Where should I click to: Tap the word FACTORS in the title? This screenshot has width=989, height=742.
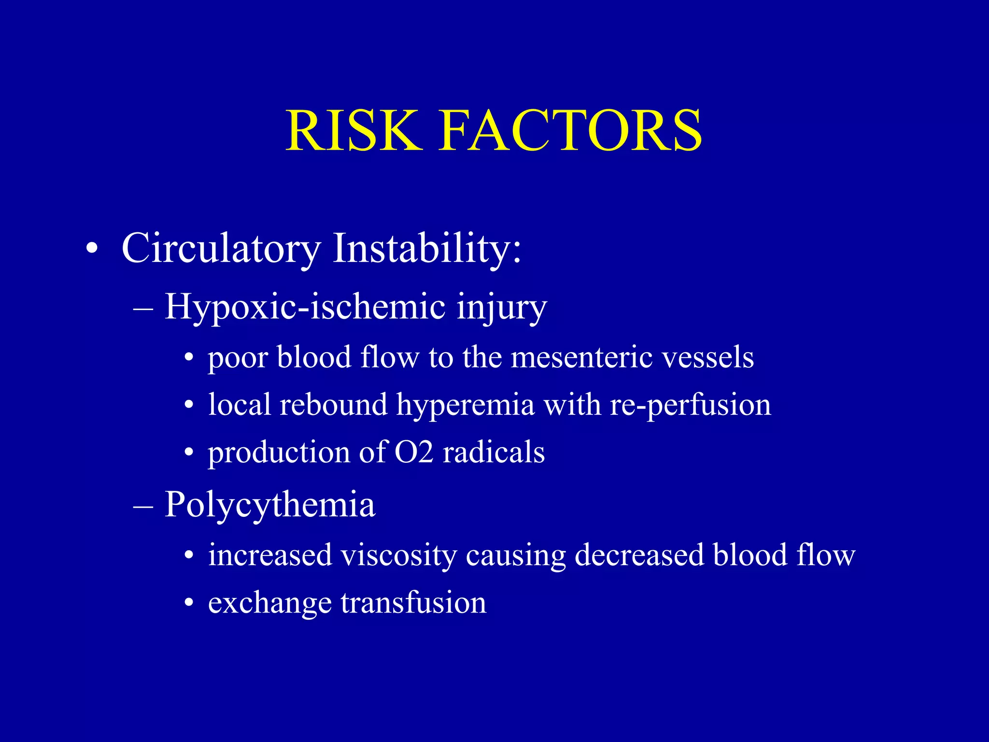(x=570, y=130)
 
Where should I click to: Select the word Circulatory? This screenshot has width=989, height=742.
(x=221, y=249)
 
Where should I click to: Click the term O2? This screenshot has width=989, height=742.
(x=414, y=452)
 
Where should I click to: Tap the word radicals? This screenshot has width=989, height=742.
(x=494, y=452)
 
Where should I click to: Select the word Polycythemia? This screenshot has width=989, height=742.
(x=270, y=505)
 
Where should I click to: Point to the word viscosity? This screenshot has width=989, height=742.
(x=398, y=555)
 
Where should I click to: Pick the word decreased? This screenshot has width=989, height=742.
(x=639, y=555)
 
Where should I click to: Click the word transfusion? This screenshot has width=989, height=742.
(x=413, y=602)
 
